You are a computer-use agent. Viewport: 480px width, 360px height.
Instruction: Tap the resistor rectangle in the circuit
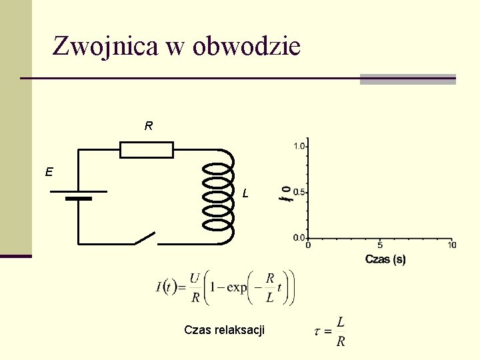pos(147,150)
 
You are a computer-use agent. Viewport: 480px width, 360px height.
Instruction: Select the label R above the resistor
pos(148,125)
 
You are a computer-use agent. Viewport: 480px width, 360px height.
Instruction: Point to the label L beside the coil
pos(246,194)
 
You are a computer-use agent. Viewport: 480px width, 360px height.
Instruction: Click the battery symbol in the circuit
pos(79,195)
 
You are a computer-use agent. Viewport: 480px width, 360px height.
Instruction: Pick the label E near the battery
pos(49,172)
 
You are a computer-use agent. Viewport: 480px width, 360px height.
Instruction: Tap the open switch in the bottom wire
pos(146,239)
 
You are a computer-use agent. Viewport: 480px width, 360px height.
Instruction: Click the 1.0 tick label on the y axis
pos(299,145)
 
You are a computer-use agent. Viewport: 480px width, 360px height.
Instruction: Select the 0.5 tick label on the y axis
pos(299,192)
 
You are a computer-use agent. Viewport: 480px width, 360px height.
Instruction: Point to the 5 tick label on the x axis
pos(380,245)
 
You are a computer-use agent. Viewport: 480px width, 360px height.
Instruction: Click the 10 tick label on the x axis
pos(451,245)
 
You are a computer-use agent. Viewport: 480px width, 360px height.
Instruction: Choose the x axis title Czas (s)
pos(385,259)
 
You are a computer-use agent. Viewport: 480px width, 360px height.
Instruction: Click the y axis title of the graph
pos(285,193)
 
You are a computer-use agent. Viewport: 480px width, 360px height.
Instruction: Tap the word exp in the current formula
pos(237,287)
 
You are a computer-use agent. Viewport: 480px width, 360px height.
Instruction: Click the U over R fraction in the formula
pos(195,288)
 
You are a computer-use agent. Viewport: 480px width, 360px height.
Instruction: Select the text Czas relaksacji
pos(224,329)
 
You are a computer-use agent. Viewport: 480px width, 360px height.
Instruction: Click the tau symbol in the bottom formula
pos(318,332)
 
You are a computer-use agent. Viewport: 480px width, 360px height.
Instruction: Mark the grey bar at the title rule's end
pos(407,79)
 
